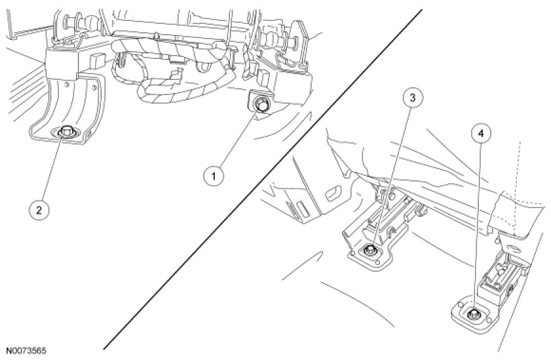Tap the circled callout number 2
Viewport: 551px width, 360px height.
39,210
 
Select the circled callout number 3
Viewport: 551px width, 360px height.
413,98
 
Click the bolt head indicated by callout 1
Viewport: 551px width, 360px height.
261,105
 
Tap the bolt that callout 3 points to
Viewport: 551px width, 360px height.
369,250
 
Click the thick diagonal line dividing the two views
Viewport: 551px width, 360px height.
262,180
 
